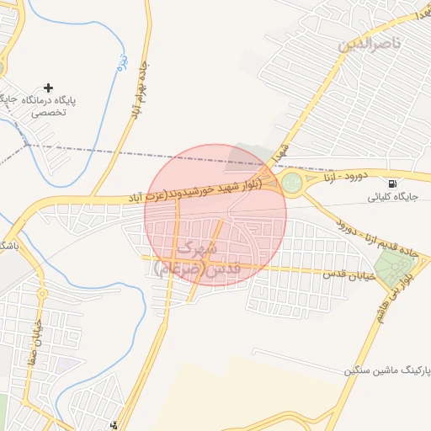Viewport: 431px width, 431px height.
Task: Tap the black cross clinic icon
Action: pos(48,87)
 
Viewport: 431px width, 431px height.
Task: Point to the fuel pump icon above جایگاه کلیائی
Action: pos(391,184)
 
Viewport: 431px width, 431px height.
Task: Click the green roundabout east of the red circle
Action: pos(292,183)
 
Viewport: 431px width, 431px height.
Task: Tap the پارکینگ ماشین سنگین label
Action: pos(388,370)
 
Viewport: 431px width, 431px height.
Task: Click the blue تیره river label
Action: pos(121,61)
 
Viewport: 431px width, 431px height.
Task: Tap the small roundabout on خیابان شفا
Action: pos(42,294)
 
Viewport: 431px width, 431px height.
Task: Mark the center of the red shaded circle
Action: pos(215,215)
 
